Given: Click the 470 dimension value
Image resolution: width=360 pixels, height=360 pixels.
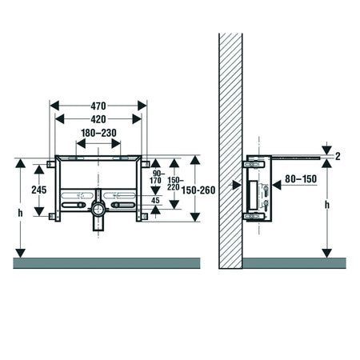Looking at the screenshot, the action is (x=98, y=106).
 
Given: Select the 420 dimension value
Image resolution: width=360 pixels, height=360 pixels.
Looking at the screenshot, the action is (x=98, y=119).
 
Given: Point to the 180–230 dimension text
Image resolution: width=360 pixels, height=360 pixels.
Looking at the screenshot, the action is (x=98, y=133).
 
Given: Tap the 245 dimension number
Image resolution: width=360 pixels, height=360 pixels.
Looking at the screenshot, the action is (x=39, y=190).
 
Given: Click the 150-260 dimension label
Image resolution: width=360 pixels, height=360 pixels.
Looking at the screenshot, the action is (x=198, y=190).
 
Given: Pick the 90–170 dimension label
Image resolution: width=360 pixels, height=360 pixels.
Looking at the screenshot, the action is (x=155, y=177).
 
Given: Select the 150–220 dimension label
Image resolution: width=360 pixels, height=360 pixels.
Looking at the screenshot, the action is (x=174, y=183).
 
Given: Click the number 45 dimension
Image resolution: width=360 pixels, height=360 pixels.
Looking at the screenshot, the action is (x=155, y=200).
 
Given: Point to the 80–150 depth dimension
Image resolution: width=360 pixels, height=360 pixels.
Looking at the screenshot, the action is (x=301, y=178).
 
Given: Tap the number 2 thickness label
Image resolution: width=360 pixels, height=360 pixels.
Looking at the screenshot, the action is (x=338, y=156).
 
